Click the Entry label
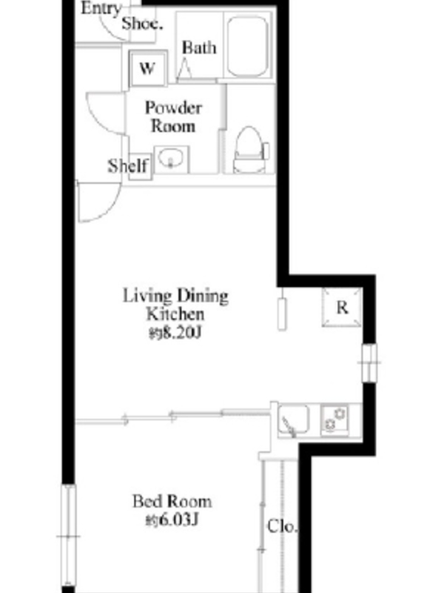(101, 8)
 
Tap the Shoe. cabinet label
(142, 24)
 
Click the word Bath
(199, 48)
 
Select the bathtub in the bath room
(248, 46)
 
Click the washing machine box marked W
(147, 69)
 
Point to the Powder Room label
(173, 117)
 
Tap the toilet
(251, 150)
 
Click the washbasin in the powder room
(172, 159)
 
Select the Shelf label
(128, 166)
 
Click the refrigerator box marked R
(342, 307)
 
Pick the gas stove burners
(335, 420)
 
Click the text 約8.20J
(175, 333)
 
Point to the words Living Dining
(175, 296)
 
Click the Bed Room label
(172, 502)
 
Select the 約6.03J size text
(172, 520)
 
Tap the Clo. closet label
(282, 526)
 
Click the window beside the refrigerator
(369, 362)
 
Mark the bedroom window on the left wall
(68, 536)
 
